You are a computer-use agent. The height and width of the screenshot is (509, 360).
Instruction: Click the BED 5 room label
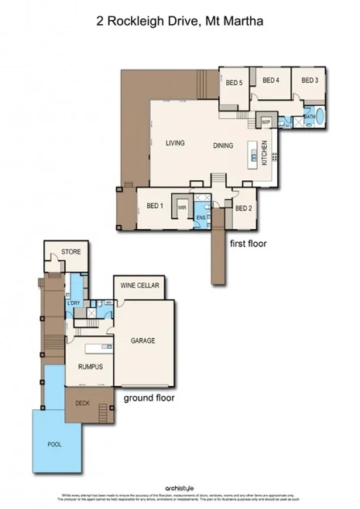235,83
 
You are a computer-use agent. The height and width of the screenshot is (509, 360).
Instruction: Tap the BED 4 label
271,80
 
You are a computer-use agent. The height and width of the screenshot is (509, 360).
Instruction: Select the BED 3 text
310,80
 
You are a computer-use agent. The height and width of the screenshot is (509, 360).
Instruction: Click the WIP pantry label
266,121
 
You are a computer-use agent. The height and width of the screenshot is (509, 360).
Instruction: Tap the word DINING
224,145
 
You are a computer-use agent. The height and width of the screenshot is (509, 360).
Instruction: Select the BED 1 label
155,206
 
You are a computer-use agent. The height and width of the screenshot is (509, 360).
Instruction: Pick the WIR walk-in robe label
183,207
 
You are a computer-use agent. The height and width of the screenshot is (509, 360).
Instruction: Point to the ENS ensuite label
201,218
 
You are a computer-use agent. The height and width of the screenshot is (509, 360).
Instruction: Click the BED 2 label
243,208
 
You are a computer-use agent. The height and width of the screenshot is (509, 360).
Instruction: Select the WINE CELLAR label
140,286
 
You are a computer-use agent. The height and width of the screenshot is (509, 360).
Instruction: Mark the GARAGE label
144,339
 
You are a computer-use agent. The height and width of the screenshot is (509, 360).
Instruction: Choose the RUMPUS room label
90,367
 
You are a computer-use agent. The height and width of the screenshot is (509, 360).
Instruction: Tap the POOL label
55,444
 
